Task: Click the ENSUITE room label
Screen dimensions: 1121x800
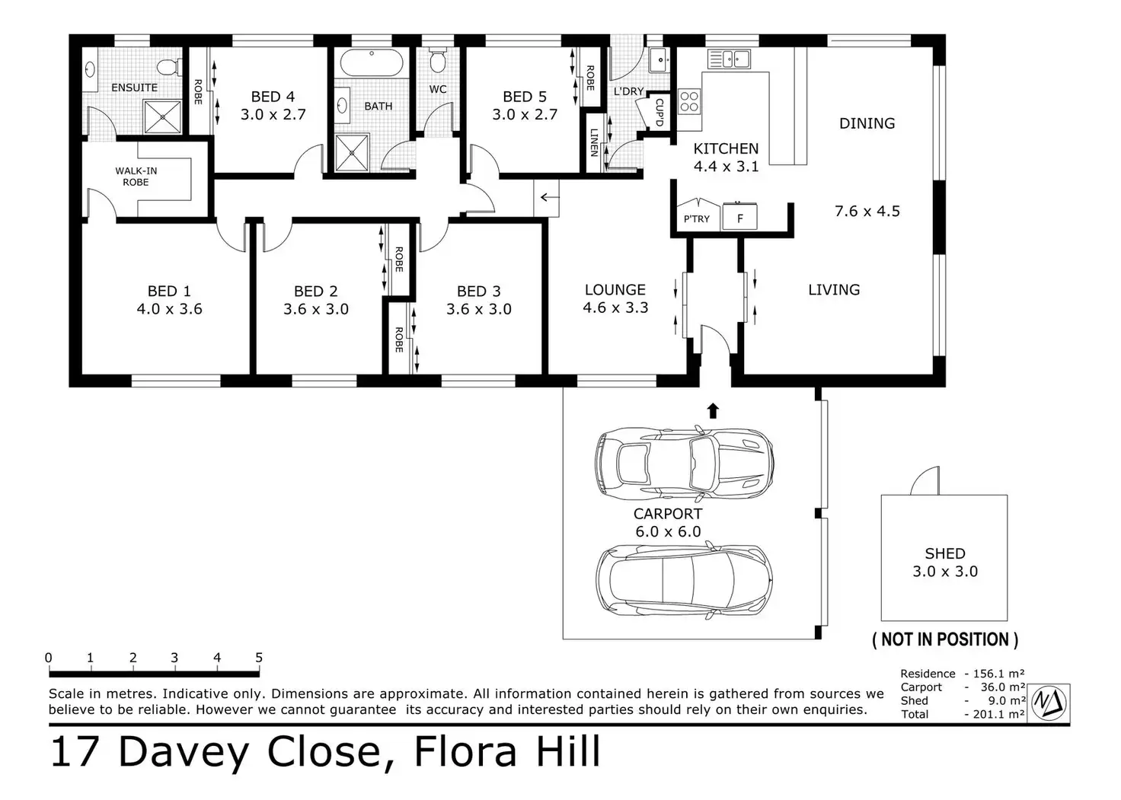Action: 134,88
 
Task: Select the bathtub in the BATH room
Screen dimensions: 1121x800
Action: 372,62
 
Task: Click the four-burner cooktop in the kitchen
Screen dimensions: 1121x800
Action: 689,101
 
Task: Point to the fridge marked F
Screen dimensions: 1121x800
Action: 739,217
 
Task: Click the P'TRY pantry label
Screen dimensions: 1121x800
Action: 697,218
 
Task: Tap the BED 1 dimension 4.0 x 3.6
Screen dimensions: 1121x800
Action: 170,309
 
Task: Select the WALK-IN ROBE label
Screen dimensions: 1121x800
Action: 136,176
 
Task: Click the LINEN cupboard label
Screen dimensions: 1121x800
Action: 594,142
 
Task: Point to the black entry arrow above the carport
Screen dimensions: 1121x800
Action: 713,410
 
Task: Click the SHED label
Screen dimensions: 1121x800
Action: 945,553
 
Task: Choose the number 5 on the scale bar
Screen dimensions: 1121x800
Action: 259,658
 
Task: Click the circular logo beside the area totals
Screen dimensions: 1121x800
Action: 1049,703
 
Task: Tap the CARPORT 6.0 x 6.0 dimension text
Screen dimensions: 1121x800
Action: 668,531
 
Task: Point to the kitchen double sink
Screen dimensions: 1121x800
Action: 729,59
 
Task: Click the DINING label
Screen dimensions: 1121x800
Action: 867,123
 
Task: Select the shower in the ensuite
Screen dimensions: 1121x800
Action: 163,117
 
